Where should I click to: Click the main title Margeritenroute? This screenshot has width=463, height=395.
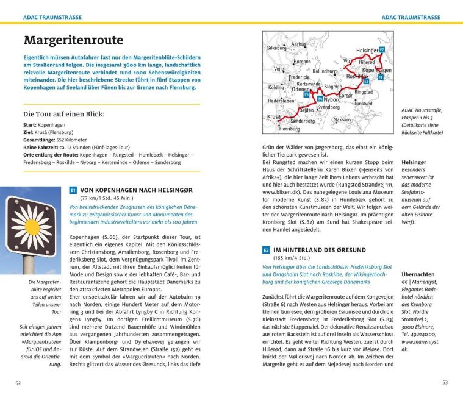pyautogui.click(x=73, y=41)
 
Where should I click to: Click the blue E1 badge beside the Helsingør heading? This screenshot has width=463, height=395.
pyautogui.click(x=73, y=190)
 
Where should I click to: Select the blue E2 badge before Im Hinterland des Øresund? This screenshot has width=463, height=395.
pyautogui.click(x=266, y=250)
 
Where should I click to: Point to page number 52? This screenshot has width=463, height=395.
pyautogui.click(x=19, y=382)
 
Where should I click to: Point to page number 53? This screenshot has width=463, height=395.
pyautogui.click(x=444, y=382)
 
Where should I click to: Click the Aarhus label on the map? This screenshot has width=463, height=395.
pyautogui.click(x=299, y=44)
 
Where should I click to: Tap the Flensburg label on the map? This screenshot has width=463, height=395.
pyautogui.click(x=289, y=129)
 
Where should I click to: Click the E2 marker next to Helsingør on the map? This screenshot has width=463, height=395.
pyautogui.click(x=382, y=49)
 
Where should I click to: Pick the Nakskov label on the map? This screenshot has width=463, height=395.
pyautogui.click(x=342, y=119)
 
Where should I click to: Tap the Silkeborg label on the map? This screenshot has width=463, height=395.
pyautogui.click(x=277, y=48)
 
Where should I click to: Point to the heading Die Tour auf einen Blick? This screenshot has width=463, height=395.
pyautogui.click(x=63, y=114)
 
